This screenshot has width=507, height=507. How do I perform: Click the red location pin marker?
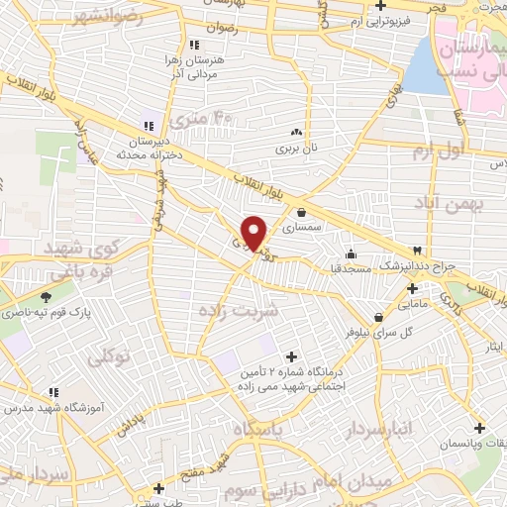pyautogui.click(x=254, y=232)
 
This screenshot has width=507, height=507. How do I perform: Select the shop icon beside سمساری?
pyautogui.click(x=300, y=211)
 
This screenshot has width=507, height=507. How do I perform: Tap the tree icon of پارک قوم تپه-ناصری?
pyautogui.click(x=46, y=297)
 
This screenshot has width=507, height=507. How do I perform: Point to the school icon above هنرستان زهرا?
pyautogui.click(x=195, y=45)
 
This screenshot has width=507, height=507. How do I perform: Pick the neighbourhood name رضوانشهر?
pyautogui.click(x=98, y=18)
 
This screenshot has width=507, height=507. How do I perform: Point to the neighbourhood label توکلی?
pyautogui.click(x=109, y=356)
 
